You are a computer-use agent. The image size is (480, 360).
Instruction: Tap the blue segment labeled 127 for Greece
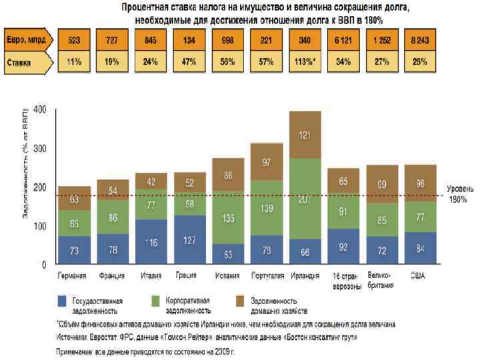coord(189,240)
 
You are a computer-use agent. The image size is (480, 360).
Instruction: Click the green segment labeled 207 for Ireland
coord(305,199)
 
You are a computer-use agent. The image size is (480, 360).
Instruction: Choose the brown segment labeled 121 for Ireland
coord(305,135)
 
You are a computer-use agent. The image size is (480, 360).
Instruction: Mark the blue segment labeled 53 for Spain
coord(227,254)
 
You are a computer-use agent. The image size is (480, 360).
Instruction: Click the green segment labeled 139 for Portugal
coord(266,208)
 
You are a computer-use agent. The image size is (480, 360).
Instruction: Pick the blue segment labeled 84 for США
coord(420,249)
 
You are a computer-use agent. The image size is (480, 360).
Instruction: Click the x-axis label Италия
coord(150,276)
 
